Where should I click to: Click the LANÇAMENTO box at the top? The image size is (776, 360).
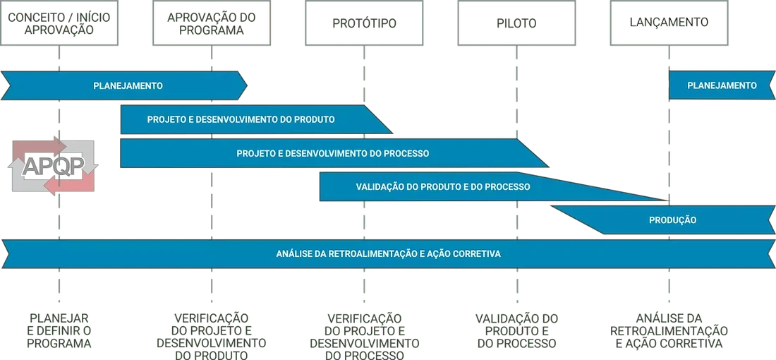click(668, 23)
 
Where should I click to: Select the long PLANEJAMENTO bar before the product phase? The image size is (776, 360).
click(128, 86)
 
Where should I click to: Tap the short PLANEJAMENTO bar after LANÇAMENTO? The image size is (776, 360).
click(722, 85)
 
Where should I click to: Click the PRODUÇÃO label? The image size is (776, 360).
click(672, 220)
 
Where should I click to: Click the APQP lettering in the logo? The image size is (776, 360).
click(54, 166)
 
